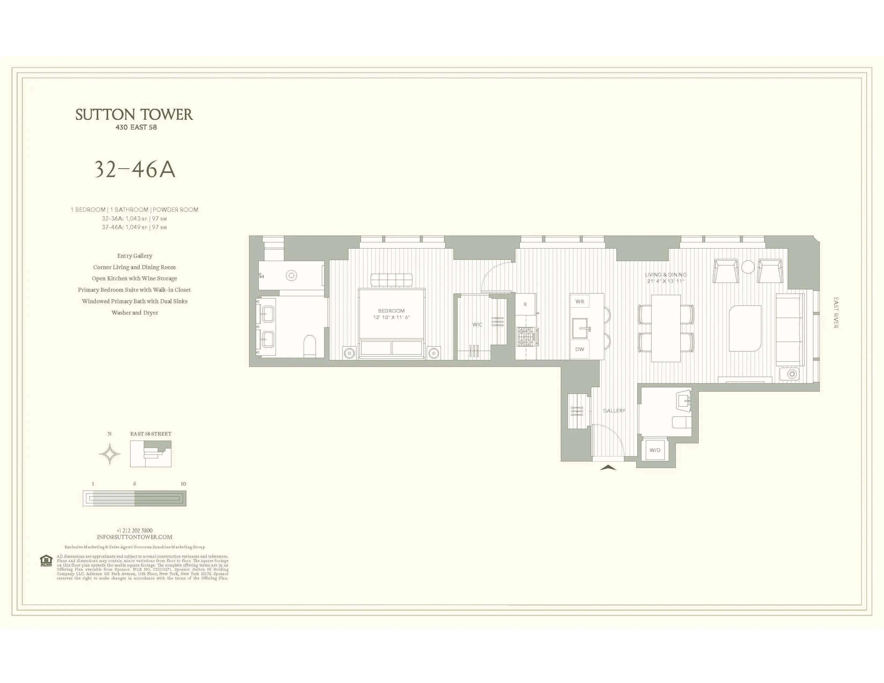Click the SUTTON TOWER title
(x=134, y=115)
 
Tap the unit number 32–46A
(x=135, y=170)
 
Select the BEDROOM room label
(x=391, y=311)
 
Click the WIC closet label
(x=477, y=325)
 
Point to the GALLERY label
(x=614, y=410)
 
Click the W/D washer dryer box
(x=655, y=450)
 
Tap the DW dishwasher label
(x=580, y=349)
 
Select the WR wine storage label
(x=580, y=301)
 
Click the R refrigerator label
(x=525, y=304)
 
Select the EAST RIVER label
(x=836, y=313)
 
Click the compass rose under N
(x=110, y=454)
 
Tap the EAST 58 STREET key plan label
(x=151, y=434)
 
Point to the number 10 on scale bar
(x=183, y=483)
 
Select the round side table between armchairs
(x=748, y=267)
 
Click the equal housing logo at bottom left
(x=46, y=561)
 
